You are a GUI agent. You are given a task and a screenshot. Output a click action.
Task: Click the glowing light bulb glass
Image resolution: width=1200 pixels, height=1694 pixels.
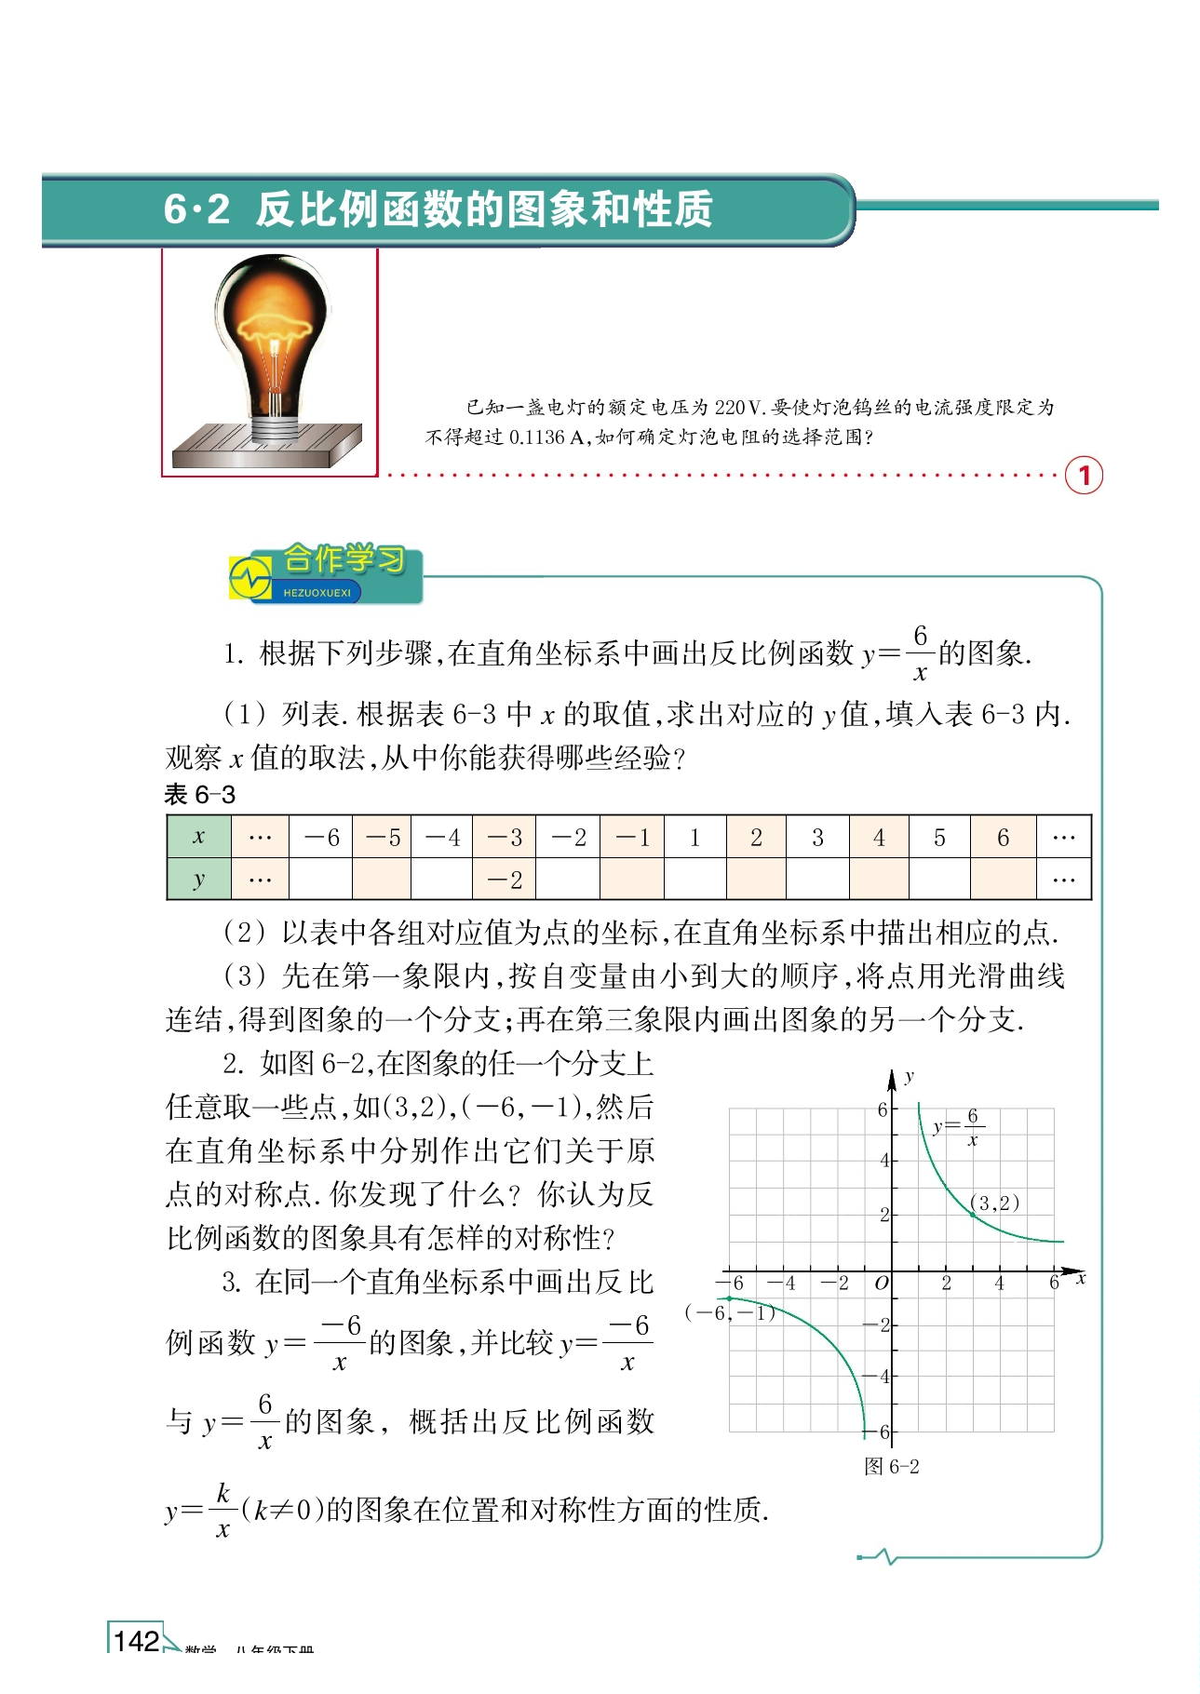pos(273,321)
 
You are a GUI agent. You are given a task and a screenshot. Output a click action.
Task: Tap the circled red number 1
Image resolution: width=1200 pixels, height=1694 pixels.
pos(1084,476)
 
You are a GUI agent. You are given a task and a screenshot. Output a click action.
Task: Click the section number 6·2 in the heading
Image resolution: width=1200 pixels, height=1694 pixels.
pos(196,208)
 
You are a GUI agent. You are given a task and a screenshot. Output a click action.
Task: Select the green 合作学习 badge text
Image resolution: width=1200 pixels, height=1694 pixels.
pos(344,560)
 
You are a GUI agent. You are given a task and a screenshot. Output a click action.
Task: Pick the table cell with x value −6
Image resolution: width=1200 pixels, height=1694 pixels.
pos(321,838)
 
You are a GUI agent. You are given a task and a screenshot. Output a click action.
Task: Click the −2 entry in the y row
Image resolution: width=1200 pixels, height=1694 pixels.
pos(505,880)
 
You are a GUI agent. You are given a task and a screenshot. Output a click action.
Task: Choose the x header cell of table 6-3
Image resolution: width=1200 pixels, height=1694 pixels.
pos(198,838)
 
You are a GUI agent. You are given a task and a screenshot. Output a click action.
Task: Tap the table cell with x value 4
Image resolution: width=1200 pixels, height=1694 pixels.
pos(878,838)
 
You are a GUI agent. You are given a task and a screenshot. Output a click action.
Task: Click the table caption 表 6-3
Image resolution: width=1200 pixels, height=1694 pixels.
pos(199,795)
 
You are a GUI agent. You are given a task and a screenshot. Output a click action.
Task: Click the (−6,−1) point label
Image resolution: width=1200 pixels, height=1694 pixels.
pos(729,1313)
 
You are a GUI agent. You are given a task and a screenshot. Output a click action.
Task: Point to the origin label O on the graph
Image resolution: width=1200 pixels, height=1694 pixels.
pos(881,1284)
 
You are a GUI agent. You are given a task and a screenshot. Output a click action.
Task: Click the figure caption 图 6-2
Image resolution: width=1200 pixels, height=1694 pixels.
pos(891,1467)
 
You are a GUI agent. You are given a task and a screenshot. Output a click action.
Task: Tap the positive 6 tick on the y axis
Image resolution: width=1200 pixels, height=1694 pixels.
pos(882,1109)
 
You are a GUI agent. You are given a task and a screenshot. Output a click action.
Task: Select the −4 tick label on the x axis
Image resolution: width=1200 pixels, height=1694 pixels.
pos(782,1284)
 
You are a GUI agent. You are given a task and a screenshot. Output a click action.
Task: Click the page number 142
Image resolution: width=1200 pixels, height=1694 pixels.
pos(136,1641)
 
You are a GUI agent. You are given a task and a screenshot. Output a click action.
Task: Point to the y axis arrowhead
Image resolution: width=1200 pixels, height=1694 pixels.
pos(892,1079)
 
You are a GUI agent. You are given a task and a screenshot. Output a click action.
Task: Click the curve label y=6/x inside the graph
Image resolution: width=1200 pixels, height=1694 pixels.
pos(957,1127)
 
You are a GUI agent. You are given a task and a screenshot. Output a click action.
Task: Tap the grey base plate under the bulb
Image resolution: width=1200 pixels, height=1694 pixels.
pos(266,446)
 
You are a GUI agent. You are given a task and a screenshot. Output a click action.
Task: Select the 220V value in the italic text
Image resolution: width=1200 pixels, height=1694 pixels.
pos(739,407)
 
